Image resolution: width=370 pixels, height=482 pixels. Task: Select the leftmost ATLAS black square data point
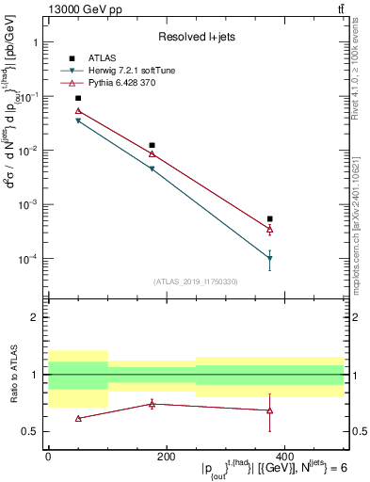pos(78,98)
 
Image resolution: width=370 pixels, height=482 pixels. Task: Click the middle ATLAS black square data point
pos(152,145)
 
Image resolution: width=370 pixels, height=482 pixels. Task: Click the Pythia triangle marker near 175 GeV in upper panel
pos(152,153)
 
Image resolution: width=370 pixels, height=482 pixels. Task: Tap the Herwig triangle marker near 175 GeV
pos(152,169)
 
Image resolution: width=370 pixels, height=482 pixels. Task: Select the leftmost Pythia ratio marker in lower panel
pos(78,418)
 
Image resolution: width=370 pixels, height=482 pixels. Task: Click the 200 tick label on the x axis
pos(166,456)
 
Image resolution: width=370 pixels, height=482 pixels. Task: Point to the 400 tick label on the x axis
pos(283,456)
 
